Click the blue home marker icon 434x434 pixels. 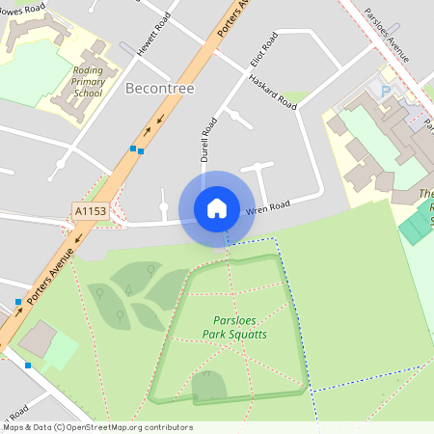217,208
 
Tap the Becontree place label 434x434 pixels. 160,89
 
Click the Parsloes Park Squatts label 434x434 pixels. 234,328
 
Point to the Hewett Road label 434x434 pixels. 152,35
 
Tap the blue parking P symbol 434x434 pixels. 387,92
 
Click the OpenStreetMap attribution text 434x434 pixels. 96,427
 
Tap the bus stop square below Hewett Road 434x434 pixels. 137,149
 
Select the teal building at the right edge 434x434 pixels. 418,225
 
